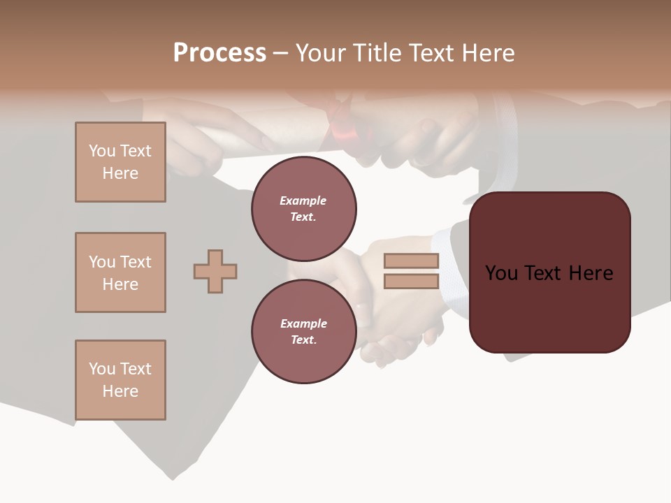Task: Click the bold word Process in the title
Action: pyautogui.click(x=219, y=53)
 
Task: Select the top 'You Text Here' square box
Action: pyautogui.click(x=120, y=162)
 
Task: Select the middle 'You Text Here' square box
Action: pyautogui.click(x=120, y=272)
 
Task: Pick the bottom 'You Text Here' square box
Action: pyautogui.click(x=120, y=380)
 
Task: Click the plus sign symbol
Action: pyautogui.click(x=215, y=271)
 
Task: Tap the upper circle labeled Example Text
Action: pyautogui.click(x=303, y=209)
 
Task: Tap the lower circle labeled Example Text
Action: pyautogui.click(x=303, y=332)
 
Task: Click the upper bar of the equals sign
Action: pyautogui.click(x=412, y=261)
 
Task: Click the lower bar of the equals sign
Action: pyautogui.click(x=412, y=282)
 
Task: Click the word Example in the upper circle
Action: pyautogui.click(x=303, y=201)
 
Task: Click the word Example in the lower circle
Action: pyautogui.click(x=303, y=323)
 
